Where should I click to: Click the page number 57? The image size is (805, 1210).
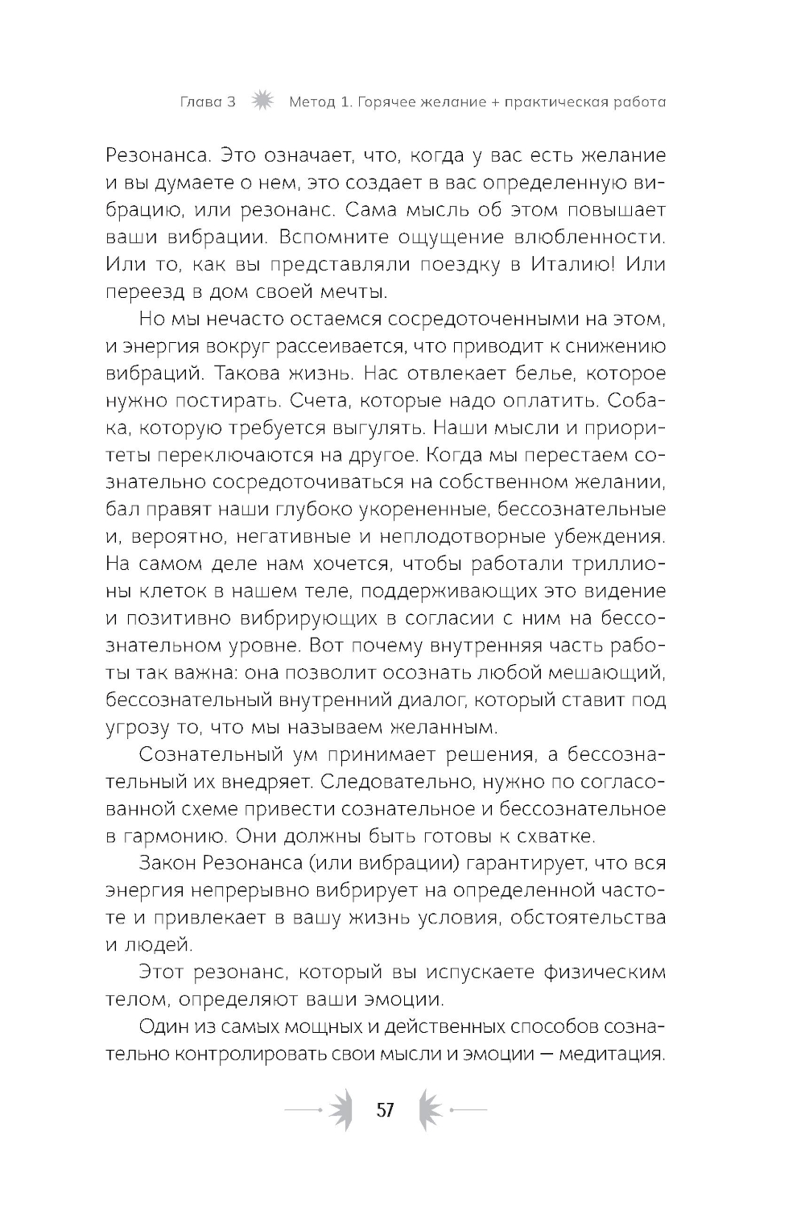click(x=386, y=1110)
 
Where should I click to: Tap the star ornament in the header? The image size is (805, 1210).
click(x=263, y=102)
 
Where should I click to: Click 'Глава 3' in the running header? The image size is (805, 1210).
click(x=208, y=103)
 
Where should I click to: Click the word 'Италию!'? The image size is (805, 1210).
click(x=574, y=264)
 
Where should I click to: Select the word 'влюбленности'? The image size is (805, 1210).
click(x=599, y=237)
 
